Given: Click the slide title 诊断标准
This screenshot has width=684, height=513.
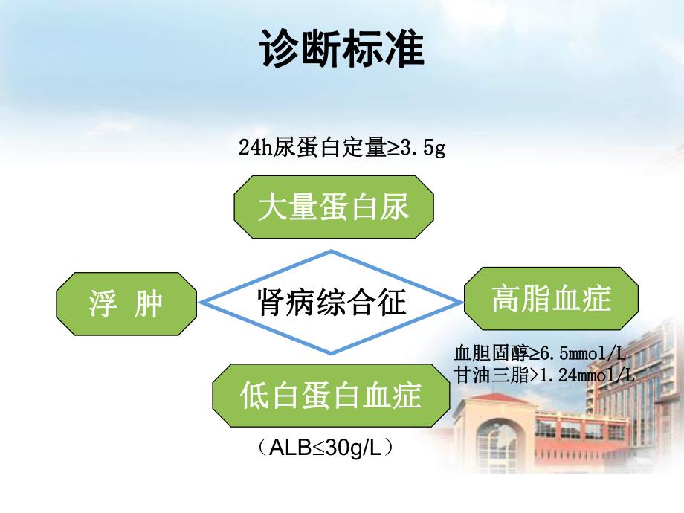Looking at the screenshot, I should pyautogui.click(x=342, y=50).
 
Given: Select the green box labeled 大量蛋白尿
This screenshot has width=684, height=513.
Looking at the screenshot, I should pyautogui.click(x=334, y=207).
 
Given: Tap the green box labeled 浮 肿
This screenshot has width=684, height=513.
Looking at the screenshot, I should pyautogui.click(x=126, y=302).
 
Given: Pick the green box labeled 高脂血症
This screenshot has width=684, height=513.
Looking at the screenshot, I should pyautogui.click(x=551, y=299).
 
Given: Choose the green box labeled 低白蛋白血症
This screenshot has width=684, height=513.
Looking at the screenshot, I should pyautogui.click(x=331, y=395).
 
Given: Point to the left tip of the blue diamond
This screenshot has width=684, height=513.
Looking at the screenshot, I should pyautogui.click(x=201, y=302).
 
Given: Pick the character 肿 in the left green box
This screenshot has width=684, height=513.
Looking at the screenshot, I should pyautogui.click(x=148, y=303).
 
